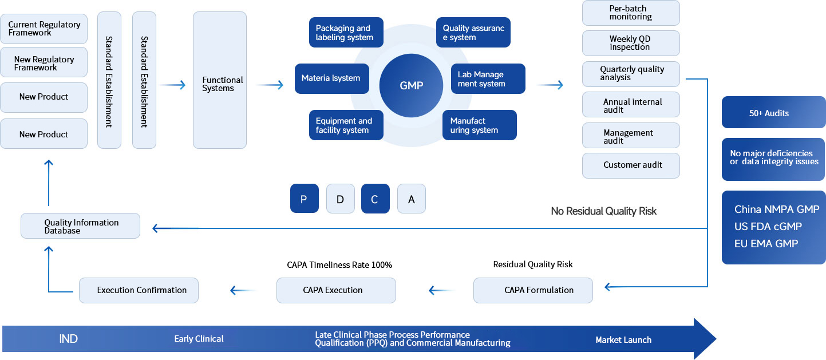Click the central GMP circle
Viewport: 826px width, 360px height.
click(412, 85)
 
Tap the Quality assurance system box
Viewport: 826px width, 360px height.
click(473, 33)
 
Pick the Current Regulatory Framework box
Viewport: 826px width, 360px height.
click(44, 29)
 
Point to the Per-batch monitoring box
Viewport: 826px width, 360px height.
click(631, 13)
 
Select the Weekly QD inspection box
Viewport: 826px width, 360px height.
click(631, 43)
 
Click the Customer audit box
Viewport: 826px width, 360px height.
click(631, 165)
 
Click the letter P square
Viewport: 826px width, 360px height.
click(304, 199)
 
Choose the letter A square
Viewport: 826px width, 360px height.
click(412, 199)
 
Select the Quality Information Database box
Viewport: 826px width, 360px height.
click(80, 226)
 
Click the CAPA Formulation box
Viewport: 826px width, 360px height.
click(533, 290)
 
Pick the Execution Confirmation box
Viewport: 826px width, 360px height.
click(139, 290)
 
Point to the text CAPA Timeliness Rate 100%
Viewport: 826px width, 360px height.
click(339, 265)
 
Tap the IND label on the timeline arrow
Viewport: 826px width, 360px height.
click(68, 339)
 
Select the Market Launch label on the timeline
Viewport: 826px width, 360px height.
click(623, 339)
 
